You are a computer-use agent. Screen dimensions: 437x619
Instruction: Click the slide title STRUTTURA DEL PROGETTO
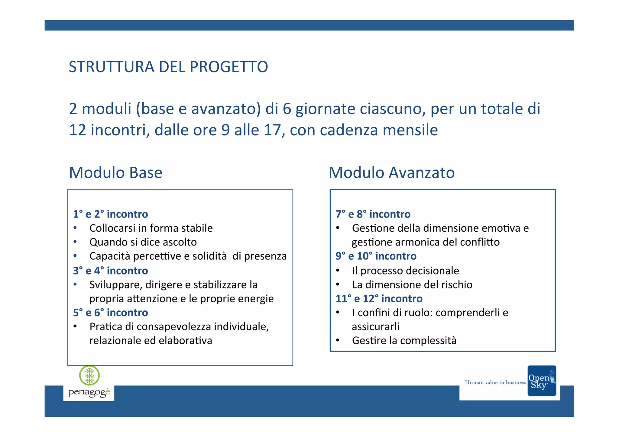(168, 67)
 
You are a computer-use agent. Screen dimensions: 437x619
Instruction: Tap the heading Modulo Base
(115, 172)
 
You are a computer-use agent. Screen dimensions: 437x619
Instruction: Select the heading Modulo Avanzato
(391, 172)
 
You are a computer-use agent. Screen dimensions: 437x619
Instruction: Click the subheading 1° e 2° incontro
(110, 214)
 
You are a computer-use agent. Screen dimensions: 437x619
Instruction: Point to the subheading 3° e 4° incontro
(110, 271)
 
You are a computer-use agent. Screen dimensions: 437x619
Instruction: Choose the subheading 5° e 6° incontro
(110, 313)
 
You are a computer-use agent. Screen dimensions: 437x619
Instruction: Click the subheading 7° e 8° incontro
(373, 214)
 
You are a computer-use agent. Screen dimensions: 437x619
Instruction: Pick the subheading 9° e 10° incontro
(376, 256)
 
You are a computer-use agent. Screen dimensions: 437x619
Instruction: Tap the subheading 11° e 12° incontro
(379, 299)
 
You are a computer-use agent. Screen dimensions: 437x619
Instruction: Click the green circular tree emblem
(89, 376)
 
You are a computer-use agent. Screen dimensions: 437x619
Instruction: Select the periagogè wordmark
(89, 393)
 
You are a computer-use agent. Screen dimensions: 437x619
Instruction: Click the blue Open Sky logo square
(542, 381)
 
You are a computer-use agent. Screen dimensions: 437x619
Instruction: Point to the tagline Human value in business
(495, 382)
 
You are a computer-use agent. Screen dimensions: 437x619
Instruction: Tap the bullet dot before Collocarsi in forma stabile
(75, 228)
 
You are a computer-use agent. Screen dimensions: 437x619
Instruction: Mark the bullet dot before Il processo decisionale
(338, 270)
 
